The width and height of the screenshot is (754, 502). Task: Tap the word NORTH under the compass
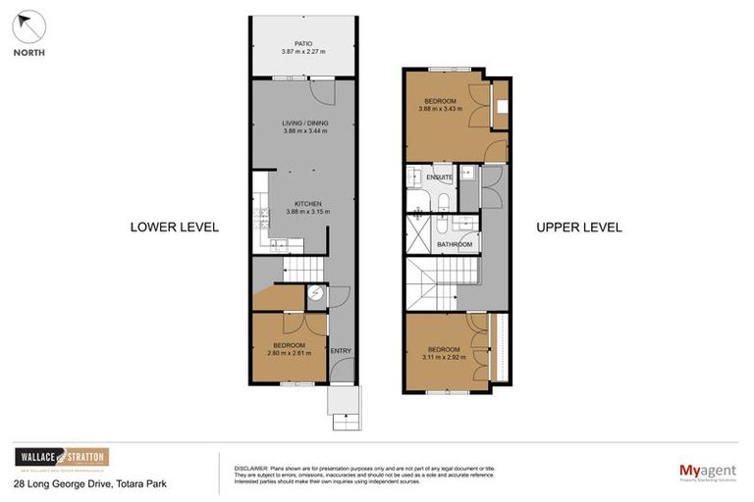tap(28, 53)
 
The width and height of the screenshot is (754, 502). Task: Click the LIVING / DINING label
tap(305, 123)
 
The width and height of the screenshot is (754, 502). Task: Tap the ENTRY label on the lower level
tap(340, 351)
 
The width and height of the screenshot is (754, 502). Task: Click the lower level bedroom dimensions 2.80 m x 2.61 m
tap(290, 353)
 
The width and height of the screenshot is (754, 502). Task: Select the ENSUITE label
tap(439, 177)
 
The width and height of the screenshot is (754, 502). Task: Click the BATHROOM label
tap(455, 244)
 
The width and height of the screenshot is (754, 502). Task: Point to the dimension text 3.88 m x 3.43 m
tap(440, 110)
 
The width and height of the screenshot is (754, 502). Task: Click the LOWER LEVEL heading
tap(175, 226)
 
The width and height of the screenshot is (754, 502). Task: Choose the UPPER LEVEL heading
tap(578, 226)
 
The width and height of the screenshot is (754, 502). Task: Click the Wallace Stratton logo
tap(62, 458)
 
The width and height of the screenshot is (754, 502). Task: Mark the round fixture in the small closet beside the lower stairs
tap(316, 293)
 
